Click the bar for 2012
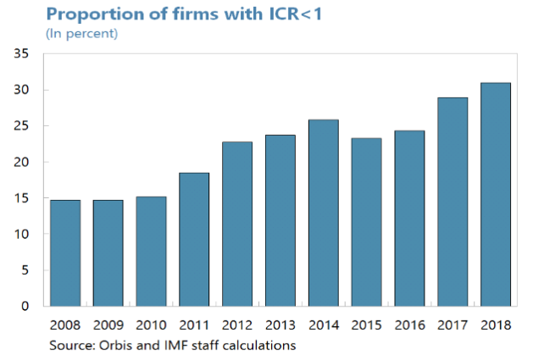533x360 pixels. (x=236, y=224)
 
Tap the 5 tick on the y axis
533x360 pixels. (x=25, y=270)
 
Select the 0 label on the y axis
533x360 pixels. (x=25, y=306)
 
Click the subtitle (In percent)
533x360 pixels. (x=81, y=33)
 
